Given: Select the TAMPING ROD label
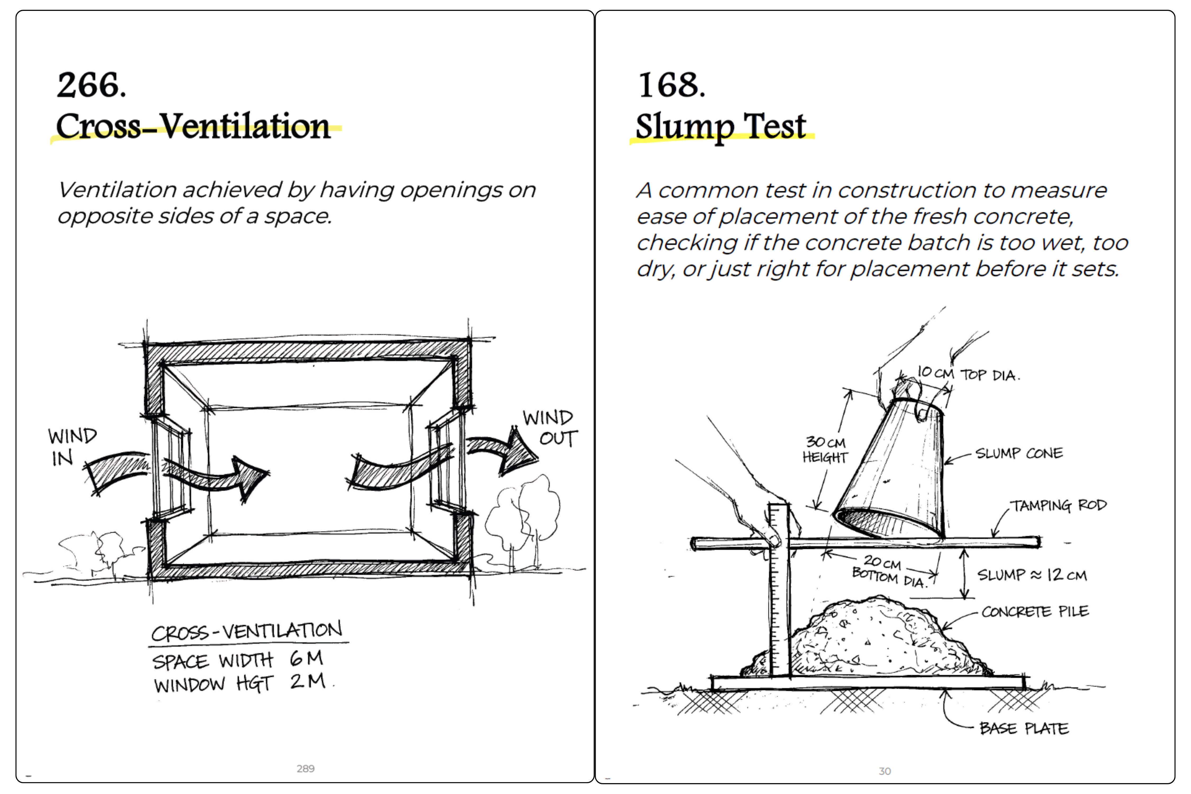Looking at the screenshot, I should (1058, 505).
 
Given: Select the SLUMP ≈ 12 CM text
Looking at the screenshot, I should (1031, 575).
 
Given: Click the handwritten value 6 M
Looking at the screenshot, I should (306, 658).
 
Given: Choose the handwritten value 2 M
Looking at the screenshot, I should (307, 681).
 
